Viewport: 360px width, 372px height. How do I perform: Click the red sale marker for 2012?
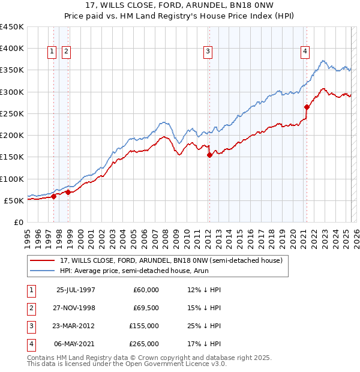[x=209, y=155]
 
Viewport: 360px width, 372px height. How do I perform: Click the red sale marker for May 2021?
[x=307, y=107]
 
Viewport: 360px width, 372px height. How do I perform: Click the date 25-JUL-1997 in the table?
[x=76, y=290]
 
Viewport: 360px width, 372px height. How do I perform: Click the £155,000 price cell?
[x=143, y=326]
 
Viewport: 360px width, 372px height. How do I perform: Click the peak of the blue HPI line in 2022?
[x=323, y=61]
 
